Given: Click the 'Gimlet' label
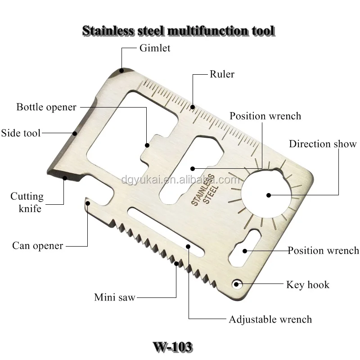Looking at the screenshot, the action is click(x=154, y=48).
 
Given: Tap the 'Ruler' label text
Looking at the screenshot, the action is click(x=222, y=74).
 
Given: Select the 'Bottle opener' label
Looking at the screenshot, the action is click(x=46, y=107).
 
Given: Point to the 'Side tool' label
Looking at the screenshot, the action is click(x=21, y=133).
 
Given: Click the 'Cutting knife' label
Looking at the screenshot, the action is click(x=27, y=202).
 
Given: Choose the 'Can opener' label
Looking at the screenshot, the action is click(x=38, y=246).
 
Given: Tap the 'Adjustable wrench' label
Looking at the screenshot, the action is click(x=270, y=319).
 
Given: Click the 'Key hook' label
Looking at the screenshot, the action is click(x=308, y=284).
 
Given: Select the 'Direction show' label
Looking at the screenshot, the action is click(x=323, y=144).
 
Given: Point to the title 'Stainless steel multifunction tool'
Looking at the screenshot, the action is click(x=178, y=31).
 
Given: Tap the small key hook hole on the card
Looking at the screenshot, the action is click(x=236, y=284).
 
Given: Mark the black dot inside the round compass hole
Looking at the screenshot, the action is click(x=268, y=195).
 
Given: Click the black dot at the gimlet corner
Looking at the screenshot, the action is click(x=121, y=70).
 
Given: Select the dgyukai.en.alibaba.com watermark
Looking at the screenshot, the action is click(x=180, y=180).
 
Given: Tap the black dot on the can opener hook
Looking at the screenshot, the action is click(x=88, y=203).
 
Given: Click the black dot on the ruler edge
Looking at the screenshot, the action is click(x=193, y=107).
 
